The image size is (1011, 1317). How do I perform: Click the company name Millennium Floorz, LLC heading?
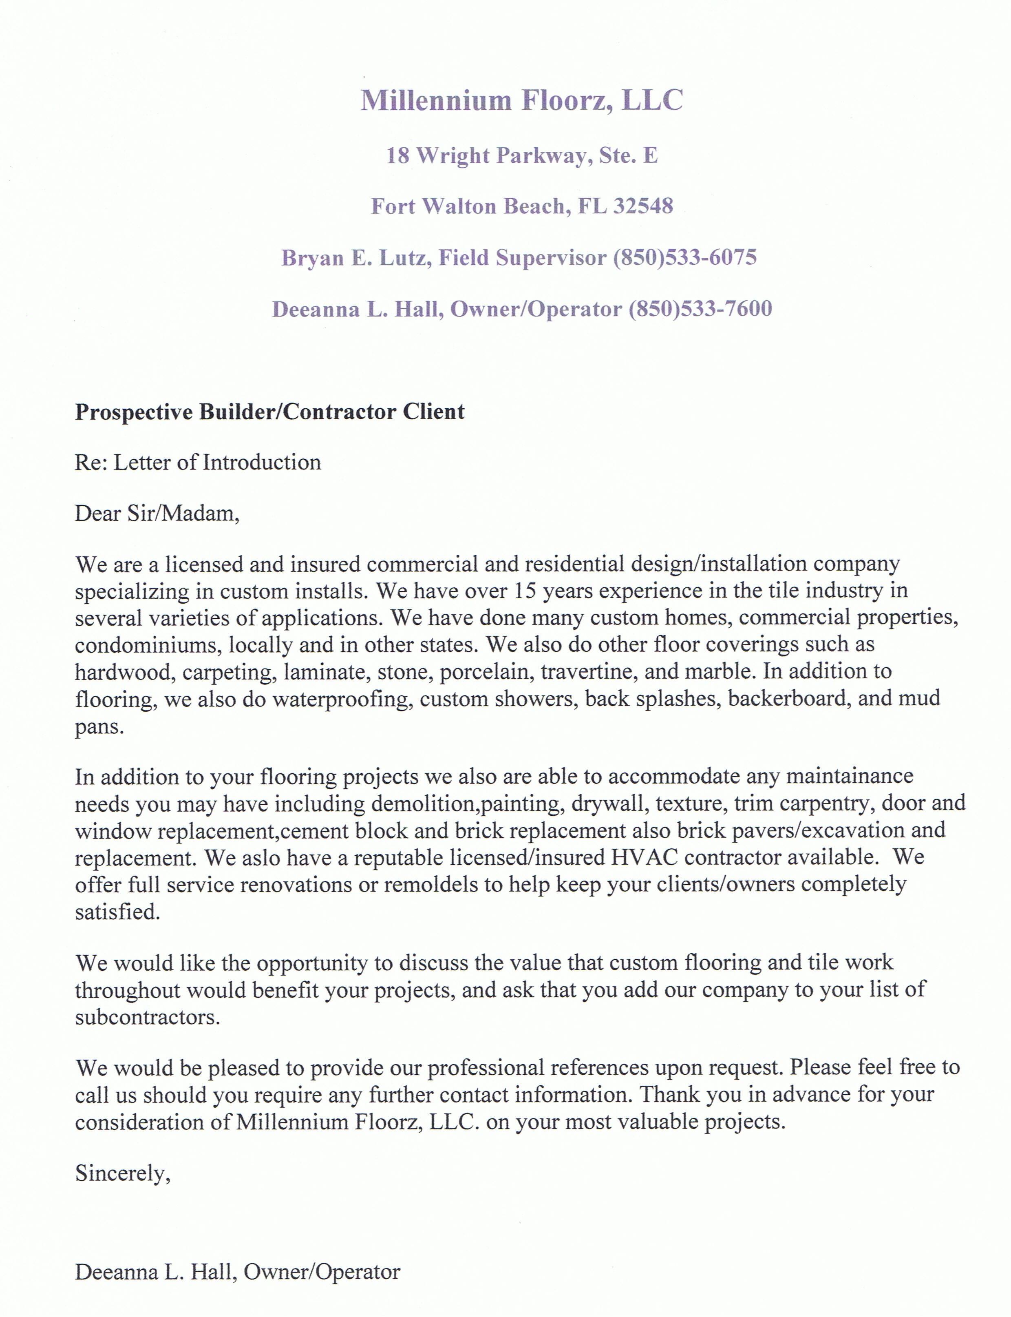(x=522, y=100)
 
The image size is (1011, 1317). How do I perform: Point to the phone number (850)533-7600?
(x=700, y=308)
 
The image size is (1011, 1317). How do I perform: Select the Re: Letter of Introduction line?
(x=198, y=462)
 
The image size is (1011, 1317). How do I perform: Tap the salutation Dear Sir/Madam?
(x=157, y=514)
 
